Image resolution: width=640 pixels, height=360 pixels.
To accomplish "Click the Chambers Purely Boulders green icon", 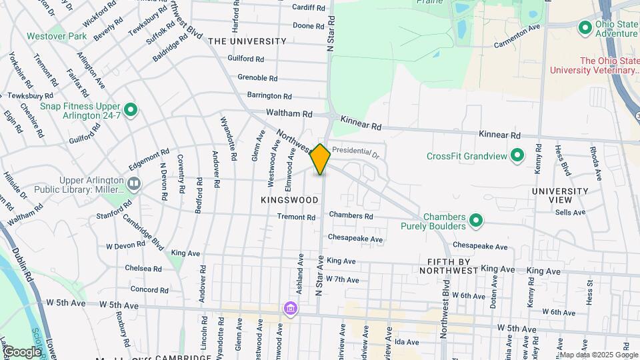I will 475,220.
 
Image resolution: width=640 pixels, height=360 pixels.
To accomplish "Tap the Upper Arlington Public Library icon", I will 134,183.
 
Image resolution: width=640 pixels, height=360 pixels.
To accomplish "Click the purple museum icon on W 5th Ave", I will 290,309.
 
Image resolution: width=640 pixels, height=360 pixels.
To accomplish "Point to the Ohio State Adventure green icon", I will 585,28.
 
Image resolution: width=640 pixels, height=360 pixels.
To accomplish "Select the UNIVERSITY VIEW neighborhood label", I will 560,195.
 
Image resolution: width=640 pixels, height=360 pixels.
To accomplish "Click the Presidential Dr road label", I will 355,151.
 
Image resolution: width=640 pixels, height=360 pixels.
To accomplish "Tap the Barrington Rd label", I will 269,96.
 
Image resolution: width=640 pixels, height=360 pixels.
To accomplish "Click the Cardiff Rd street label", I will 309,8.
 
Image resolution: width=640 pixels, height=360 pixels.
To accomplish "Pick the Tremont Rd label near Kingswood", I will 296,217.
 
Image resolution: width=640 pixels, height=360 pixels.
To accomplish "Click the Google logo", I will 21,352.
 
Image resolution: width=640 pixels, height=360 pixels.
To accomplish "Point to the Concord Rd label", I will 149,290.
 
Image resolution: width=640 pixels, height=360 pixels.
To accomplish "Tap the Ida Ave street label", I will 406,342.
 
